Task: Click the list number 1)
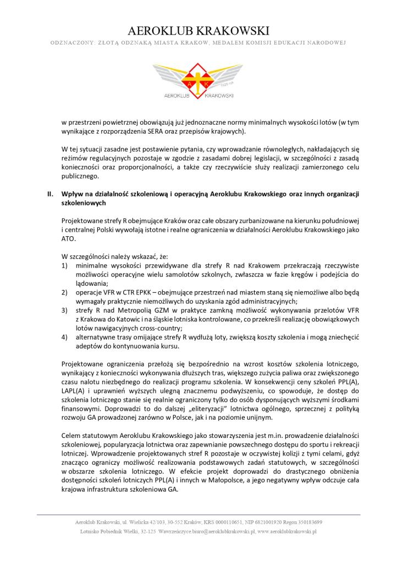click(x=64, y=265)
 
